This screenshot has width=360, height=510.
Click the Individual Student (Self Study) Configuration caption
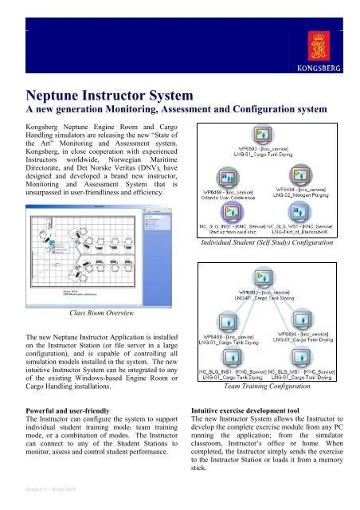coord(268,243)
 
